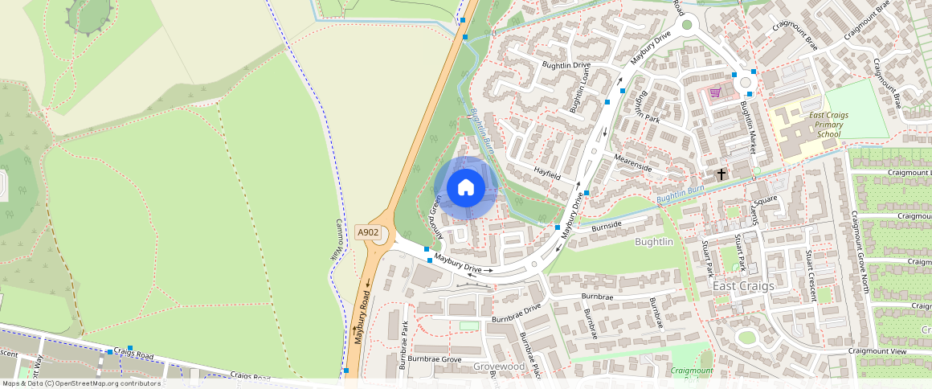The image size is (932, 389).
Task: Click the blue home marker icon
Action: tap(465, 188)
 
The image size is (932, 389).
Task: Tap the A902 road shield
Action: tap(368, 232)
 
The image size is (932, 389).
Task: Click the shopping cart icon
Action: tap(714, 92)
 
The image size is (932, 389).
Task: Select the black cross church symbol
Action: tap(721, 174)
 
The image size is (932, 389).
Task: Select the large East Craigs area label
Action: tap(743, 286)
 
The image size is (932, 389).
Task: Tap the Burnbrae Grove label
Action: tap(434, 358)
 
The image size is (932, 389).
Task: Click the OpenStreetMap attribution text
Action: tap(81, 383)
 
